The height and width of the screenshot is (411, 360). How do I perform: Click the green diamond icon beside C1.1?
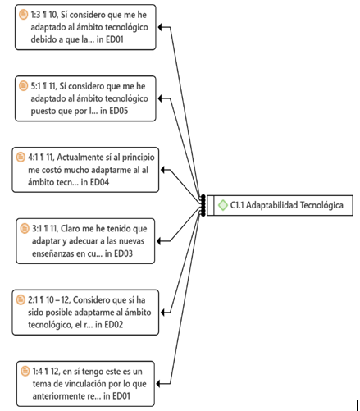[222, 205]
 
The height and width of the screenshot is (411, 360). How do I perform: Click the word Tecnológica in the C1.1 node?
[321, 205]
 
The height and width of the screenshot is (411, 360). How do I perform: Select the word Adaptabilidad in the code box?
[271, 205]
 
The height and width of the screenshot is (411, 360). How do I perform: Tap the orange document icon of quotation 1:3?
[23, 14]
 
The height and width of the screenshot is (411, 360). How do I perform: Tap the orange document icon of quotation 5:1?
[23, 85]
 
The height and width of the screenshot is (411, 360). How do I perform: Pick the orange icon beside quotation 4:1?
[21, 157]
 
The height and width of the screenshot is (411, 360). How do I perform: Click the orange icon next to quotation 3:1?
[25, 228]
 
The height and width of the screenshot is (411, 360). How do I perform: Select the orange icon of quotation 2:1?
[21, 299]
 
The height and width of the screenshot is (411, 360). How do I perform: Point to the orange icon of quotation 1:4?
[25, 371]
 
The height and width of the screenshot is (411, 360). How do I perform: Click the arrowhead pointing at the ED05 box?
[161, 98]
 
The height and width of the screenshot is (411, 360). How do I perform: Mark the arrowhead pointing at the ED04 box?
[163, 170]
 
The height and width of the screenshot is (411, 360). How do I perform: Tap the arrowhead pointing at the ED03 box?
[160, 241]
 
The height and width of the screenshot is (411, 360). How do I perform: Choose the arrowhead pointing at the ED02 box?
[163, 313]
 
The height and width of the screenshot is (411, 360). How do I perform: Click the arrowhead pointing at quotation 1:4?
[159, 384]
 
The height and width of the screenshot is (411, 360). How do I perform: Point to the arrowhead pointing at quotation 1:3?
[161, 27]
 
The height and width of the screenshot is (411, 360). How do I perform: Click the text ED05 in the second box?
[119, 111]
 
